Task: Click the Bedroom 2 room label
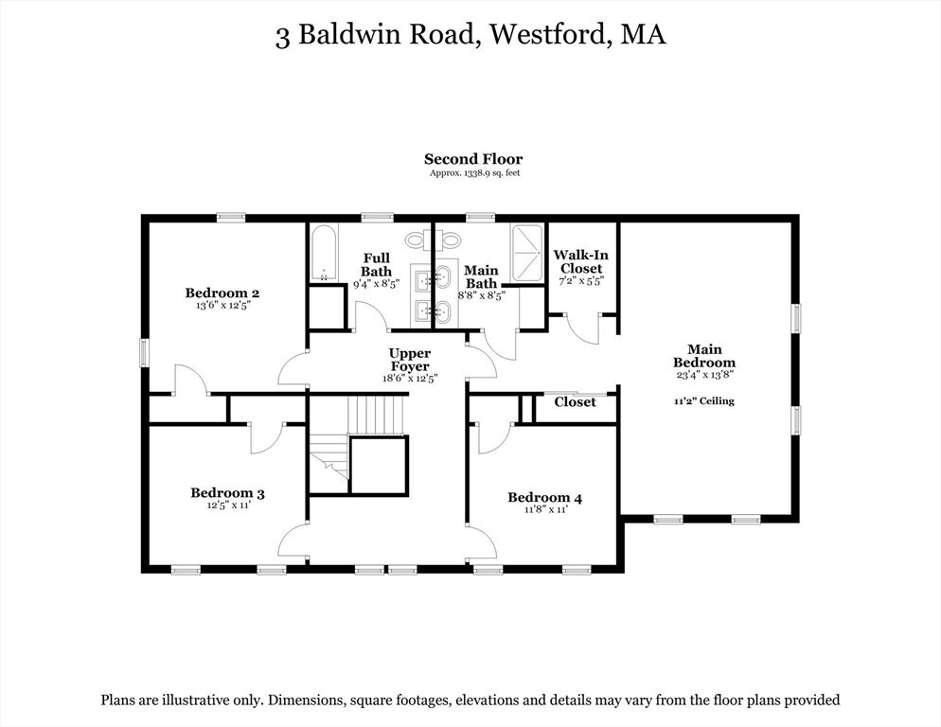click(222, 293)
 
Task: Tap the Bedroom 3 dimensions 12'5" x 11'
click(228, 505)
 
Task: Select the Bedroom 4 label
click(545, 498)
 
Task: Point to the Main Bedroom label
click(704, 355)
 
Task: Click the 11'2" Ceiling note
click(704, 401)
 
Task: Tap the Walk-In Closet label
click(581, 262)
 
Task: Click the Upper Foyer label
click(410, 360)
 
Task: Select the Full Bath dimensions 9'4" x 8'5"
click(376, 283)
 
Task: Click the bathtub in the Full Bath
click(325, 252)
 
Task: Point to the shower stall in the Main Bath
click(527, 252)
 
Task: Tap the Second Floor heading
click(473, 159)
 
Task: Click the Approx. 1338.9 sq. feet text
click(474, 173)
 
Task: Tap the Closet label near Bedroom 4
click(575, 402)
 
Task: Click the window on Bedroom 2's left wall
click(144, 352)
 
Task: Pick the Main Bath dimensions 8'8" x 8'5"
click(481, 295)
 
